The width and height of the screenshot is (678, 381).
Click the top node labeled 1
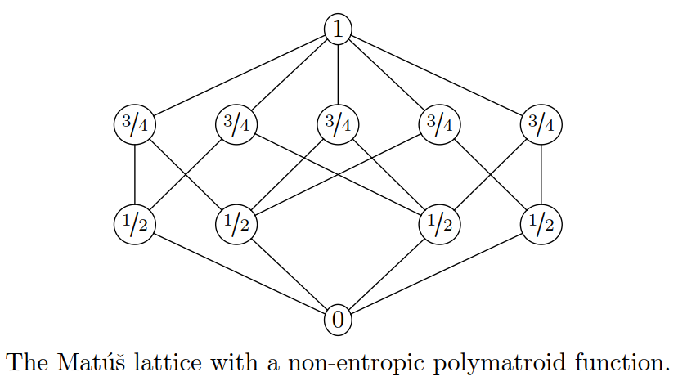[338, 29]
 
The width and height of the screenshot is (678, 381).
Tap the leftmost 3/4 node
[135, 125]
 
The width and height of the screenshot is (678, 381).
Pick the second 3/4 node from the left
[236, 125]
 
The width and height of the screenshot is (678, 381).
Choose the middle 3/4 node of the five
[338, 125]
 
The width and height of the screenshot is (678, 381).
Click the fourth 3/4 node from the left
[439, 125]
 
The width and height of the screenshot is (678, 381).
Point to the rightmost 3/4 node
[541, 125]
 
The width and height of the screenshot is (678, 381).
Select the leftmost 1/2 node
[135, 222]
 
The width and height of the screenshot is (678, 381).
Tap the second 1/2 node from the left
[236, 222]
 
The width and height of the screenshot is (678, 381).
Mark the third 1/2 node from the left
[439, 222]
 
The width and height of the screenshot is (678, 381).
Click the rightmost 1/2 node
[541, 222]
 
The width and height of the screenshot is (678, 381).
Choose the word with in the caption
[214, 359]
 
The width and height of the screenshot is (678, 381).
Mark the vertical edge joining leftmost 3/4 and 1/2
[135, 173]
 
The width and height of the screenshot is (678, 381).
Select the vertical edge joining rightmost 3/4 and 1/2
[541, 173]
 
